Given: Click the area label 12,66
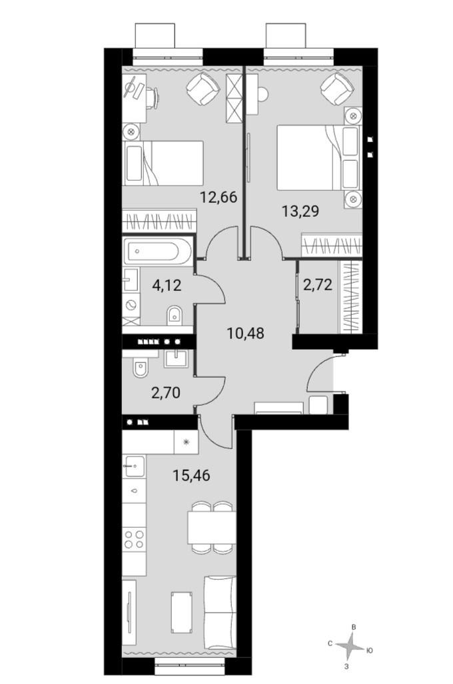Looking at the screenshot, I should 219,198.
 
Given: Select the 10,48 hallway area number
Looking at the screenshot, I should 246,333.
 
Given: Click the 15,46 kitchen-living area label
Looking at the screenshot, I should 191,476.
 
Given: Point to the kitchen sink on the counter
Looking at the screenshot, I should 135,464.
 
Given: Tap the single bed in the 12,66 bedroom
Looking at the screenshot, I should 164,162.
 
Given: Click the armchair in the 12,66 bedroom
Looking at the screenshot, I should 201,89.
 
